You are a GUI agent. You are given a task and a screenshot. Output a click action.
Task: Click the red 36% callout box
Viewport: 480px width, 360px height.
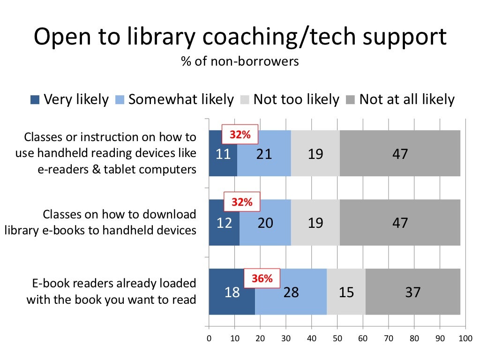262,278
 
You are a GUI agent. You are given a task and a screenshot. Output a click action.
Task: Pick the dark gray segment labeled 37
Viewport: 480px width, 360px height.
413,292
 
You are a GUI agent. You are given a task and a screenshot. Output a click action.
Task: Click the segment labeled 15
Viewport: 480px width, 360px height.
346,292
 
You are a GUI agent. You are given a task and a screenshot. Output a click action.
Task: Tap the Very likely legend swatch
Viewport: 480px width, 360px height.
35,100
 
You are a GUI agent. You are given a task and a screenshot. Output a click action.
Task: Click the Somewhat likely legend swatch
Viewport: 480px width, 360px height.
120,100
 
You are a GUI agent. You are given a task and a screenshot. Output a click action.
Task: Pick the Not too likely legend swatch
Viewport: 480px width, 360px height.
244,100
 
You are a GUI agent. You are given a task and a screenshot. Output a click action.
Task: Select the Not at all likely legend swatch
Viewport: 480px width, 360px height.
350,100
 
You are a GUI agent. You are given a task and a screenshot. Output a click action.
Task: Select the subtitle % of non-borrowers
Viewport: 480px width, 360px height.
240,61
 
